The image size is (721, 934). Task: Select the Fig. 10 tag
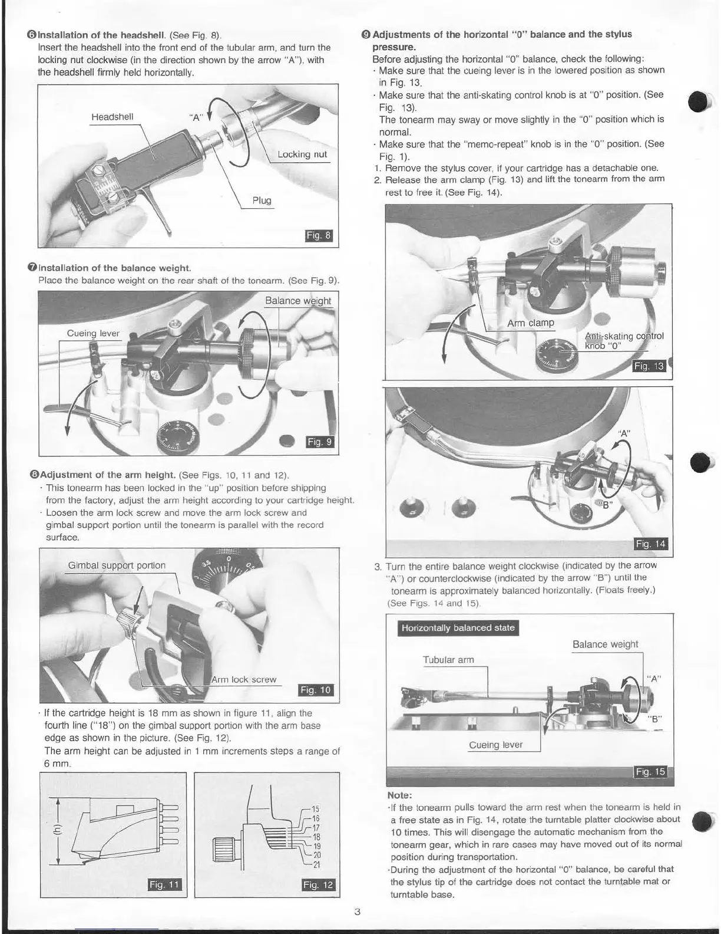tap(316, 690)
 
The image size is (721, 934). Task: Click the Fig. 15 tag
tap(650, 772)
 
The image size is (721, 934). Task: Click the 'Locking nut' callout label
tap(302, 154)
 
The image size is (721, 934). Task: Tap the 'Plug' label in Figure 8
tap(262, 200)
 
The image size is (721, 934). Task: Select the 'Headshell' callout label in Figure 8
tap(112, 117)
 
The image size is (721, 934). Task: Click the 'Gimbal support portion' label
tap(117, 565)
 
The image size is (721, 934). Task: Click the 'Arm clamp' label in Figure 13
tap(531, 323)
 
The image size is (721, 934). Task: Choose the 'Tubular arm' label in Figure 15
tap(448, 660)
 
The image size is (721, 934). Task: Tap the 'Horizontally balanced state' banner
tap(458, 628)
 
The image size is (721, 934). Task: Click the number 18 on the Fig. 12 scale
tap(316, 837)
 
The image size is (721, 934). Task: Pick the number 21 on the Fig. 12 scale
tap(316, 865)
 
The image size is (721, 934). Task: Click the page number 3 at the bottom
tap(358, 912)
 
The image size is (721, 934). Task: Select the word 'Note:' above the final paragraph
tap(399, 795)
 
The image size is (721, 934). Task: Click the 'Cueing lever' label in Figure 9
tap(93, 333)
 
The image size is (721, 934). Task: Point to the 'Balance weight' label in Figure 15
tap(605, 644)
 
